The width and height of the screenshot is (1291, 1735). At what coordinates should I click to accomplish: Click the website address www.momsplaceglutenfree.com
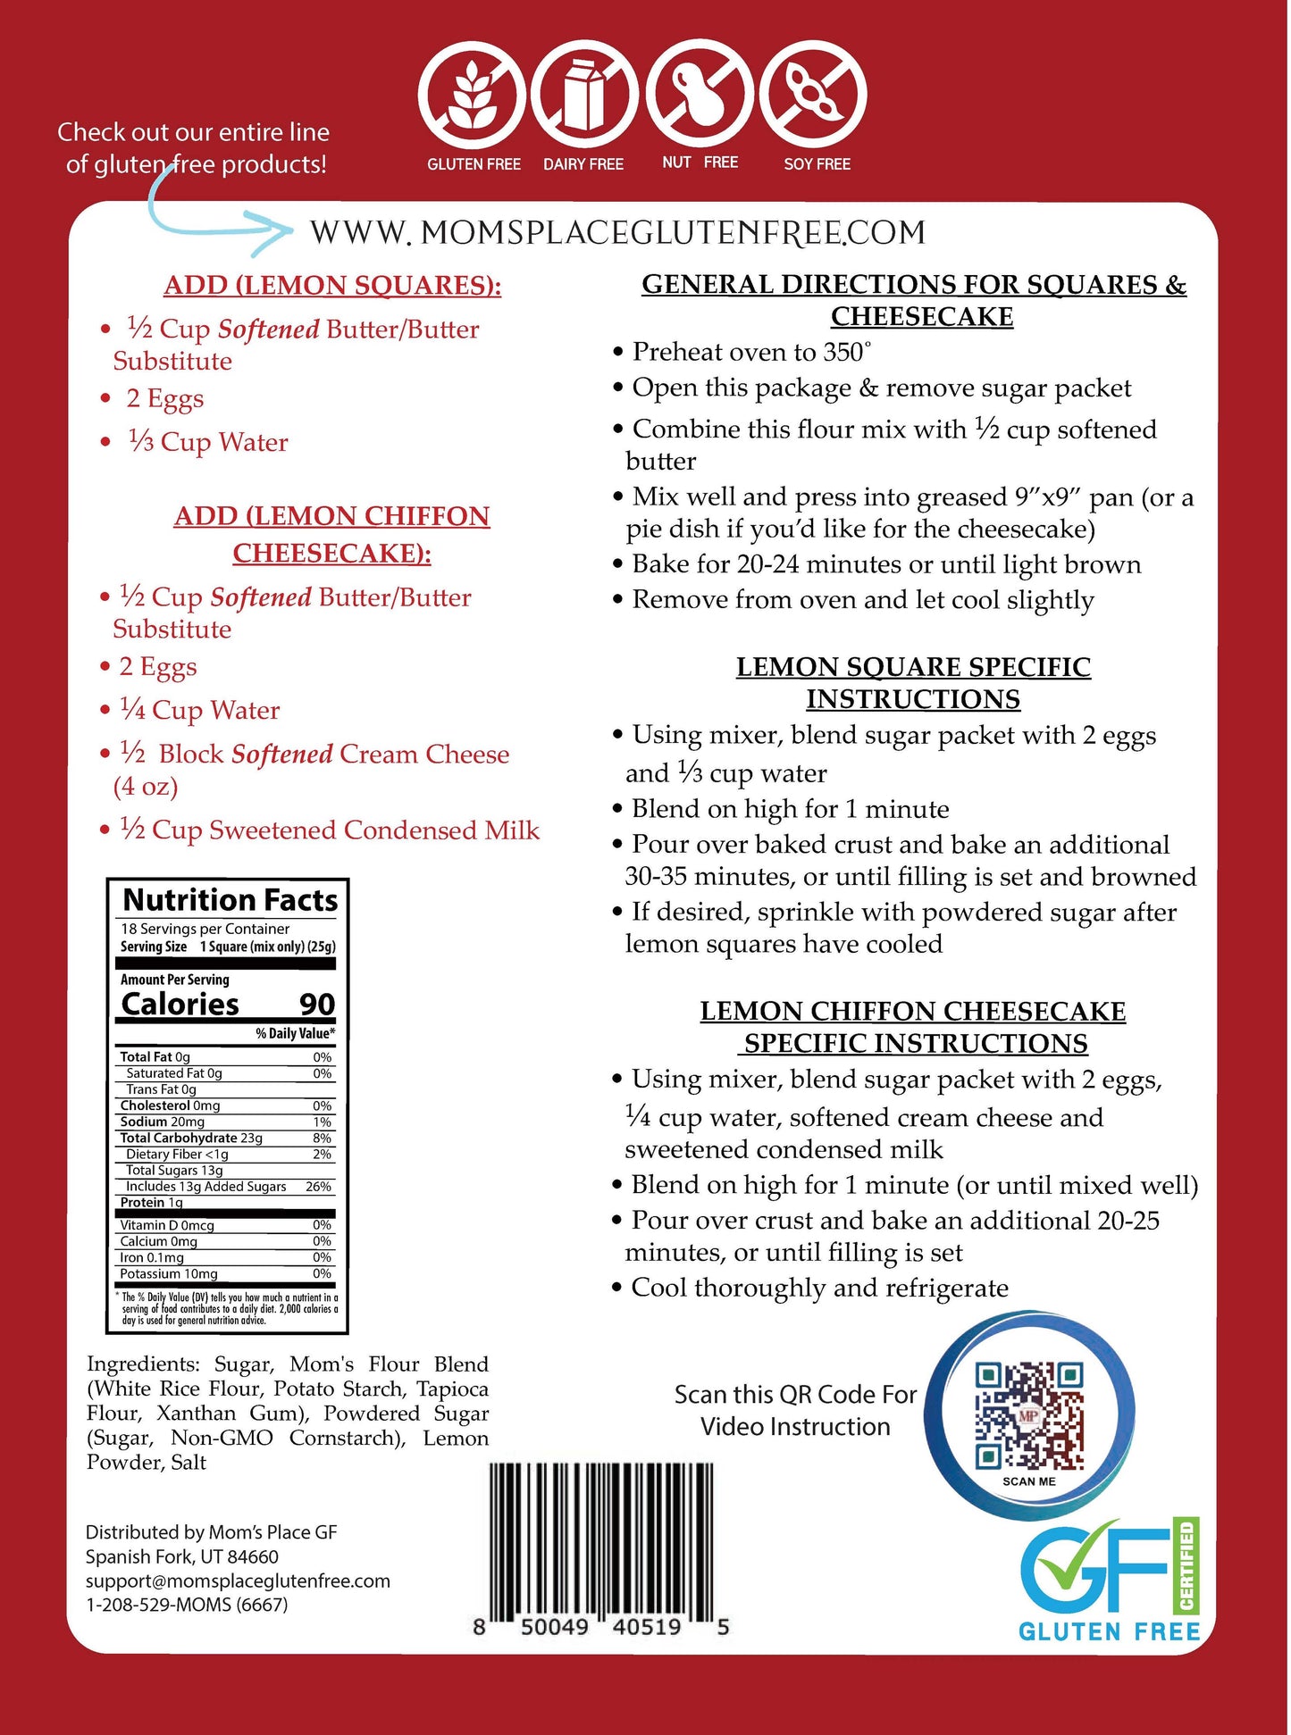click(x=616, y=233)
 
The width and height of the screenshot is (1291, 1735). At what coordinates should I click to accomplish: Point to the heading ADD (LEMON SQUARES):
click(x=332, y=286)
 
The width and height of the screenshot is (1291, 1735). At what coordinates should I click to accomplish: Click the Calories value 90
click(x=316, y=1005)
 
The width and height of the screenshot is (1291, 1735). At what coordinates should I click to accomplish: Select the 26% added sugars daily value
click(x=318, y=1187)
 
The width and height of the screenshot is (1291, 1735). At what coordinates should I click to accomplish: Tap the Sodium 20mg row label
click(x=163, y=1122)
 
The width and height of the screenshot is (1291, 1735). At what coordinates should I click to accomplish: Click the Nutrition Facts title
click(x=230, y=900)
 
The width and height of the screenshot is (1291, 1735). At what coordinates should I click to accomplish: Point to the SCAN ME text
click(x=1028, y=1481)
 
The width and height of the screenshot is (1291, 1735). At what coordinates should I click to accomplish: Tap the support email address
click(x=238, y=1581)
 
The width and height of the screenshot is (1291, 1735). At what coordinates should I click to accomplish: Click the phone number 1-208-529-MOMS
click(x=187, y=1605)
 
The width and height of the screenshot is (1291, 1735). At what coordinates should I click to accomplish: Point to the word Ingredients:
click(x=143, y=1364)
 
